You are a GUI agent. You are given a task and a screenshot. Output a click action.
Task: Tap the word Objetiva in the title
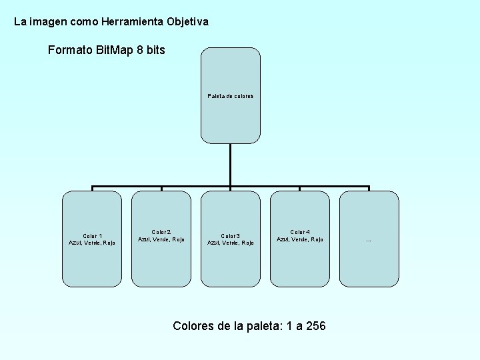(187, 22)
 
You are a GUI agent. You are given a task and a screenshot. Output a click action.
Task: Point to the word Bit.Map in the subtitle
(114, 50)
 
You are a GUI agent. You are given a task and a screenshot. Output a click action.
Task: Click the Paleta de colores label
(231, 96)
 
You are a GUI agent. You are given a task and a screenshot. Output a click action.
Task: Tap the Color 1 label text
(92, 235)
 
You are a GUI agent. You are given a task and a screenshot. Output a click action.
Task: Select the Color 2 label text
(161, 231)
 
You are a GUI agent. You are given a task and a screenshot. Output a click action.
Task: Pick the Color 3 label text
(231, 235)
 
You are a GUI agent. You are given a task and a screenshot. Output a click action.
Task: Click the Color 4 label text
(300, 231)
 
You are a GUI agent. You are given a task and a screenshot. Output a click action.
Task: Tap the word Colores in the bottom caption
(193, 326)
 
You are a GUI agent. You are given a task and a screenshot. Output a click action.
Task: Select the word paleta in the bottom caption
(252, 326)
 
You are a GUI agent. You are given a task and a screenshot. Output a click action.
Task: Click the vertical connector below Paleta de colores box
(230, 164)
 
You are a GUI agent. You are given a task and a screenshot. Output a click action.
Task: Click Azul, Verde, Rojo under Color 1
(92, 243)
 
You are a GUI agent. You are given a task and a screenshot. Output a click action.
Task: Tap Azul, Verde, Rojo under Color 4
(300, 239)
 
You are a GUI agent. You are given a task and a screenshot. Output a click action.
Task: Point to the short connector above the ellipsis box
(369, 188)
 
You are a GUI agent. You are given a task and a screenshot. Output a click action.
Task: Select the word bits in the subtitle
(155, 50)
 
